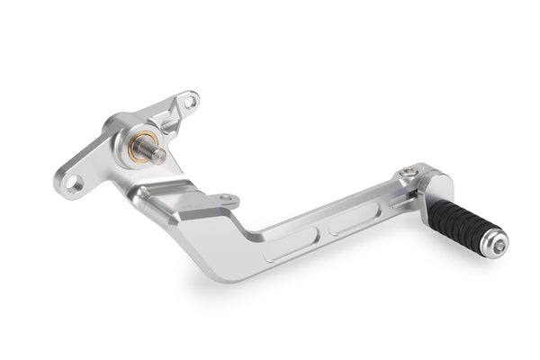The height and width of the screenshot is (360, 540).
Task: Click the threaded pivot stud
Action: (154, 151)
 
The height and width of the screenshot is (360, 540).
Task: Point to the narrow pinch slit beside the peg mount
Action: (397, 201)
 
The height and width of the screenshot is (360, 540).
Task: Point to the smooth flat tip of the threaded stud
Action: (161, 156)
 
